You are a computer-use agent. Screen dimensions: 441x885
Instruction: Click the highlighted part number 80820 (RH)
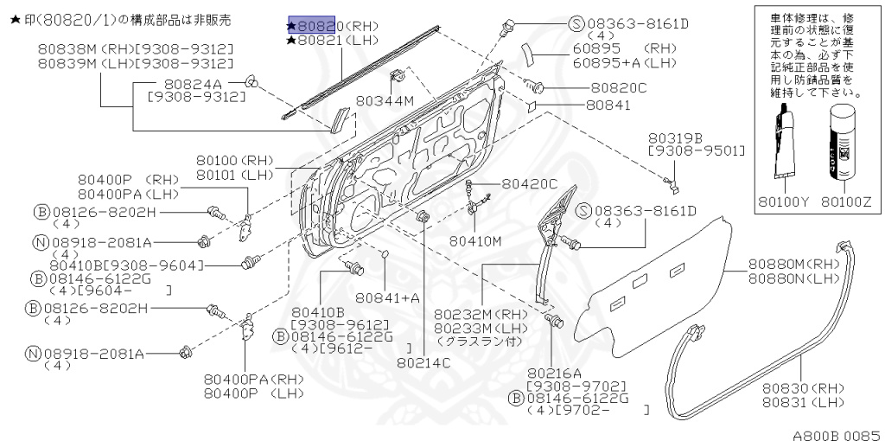(x=316, y=25)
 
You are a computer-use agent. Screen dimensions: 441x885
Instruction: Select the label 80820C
(x=618, y=87)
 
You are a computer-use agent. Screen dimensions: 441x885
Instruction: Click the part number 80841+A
(x=387, y=298)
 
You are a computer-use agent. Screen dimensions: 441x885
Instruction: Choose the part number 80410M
(x=475, y=240)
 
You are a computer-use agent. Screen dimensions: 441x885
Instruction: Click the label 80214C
(x=424, y=362)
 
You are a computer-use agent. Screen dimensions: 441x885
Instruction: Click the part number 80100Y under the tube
(x=785, y=203)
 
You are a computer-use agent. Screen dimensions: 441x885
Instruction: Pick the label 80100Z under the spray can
(x=847, y=203)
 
